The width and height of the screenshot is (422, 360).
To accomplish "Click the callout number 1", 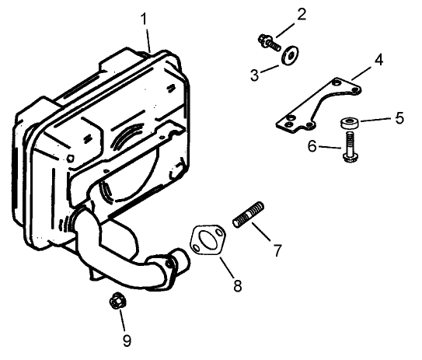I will (144, 18).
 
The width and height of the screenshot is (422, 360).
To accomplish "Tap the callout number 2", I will (302, 13).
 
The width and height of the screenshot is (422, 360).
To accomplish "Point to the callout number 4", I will (378, 59).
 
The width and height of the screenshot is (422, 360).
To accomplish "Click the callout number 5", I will (400, 118).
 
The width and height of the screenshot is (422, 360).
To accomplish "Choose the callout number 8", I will (237, 285).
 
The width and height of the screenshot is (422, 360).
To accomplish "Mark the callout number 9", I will (127, 339).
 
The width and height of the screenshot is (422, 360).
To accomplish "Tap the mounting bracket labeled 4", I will (319, 105).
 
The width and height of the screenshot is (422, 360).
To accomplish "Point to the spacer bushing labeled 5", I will (349, 124).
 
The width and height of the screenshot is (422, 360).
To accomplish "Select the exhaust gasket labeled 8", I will (207, 239).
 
